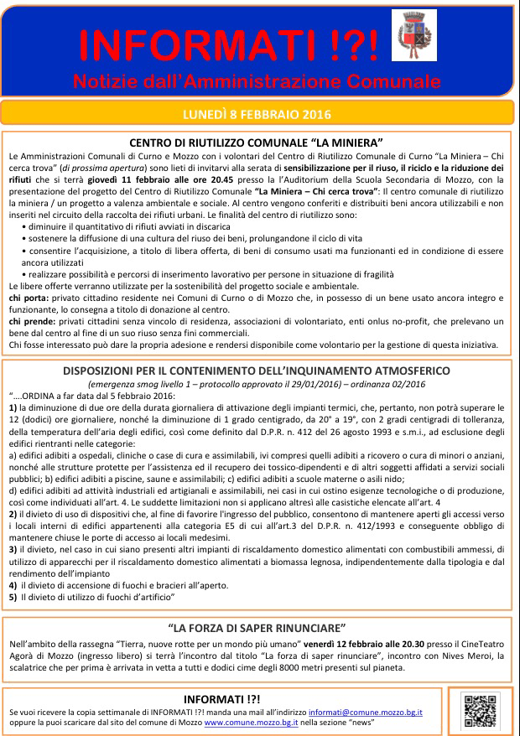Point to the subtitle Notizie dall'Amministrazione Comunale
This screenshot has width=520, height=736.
tap(256, 80)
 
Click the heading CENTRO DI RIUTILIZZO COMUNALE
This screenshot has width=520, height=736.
tap(257, 143)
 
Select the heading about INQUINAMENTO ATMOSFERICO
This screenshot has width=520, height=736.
tap(257, 370)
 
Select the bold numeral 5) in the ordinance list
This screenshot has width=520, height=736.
tap(13, 596)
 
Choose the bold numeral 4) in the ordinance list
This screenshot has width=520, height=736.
tap(13, 584)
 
